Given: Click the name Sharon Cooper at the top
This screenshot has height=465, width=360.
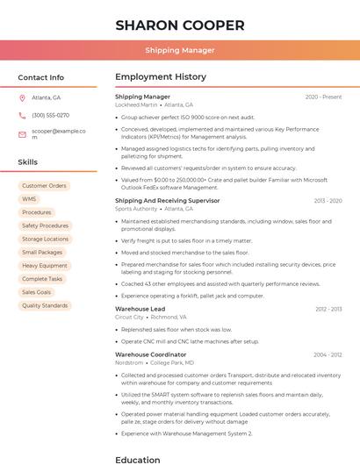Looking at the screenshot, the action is [x=179, y=25].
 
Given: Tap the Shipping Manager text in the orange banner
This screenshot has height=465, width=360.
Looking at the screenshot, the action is [x=179, y=51].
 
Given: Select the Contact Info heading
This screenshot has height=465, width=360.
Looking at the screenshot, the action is [x=41, y=77].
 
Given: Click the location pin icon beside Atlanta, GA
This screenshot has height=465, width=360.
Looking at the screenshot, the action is [x=22, y=97].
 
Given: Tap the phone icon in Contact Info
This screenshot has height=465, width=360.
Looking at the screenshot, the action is [x=22, y=115].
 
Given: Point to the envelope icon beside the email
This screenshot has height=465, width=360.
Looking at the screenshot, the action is [x=22, y=134].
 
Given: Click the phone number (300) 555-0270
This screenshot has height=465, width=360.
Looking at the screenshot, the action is [x=50, y=115].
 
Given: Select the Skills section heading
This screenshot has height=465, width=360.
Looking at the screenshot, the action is [x=28, y=162].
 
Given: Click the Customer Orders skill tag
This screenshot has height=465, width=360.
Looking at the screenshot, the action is [x=44, y=186].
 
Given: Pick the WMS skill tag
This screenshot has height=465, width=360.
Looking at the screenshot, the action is [x=30, y=199].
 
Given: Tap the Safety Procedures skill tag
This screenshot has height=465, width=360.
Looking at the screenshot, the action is [x=46, y=225].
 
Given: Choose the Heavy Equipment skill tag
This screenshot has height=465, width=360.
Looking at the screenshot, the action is [x=45, y=266].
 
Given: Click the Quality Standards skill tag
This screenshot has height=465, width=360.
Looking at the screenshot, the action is [x=45, y=306].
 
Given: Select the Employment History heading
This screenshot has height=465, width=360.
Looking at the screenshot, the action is [x=161, y=77].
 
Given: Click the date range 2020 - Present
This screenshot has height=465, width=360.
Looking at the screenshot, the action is [x=323, y=97].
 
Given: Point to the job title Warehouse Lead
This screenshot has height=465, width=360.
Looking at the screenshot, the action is [x=140, y=309].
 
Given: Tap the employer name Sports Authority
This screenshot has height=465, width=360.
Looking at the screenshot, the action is [x=136, y=209].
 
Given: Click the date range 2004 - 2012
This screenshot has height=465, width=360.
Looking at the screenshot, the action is [x=328, y=355].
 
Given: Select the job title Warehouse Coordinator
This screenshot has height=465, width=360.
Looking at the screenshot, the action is [x=150, y=354].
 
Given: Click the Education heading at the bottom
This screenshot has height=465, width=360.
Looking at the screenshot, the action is [x=138, y=459].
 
